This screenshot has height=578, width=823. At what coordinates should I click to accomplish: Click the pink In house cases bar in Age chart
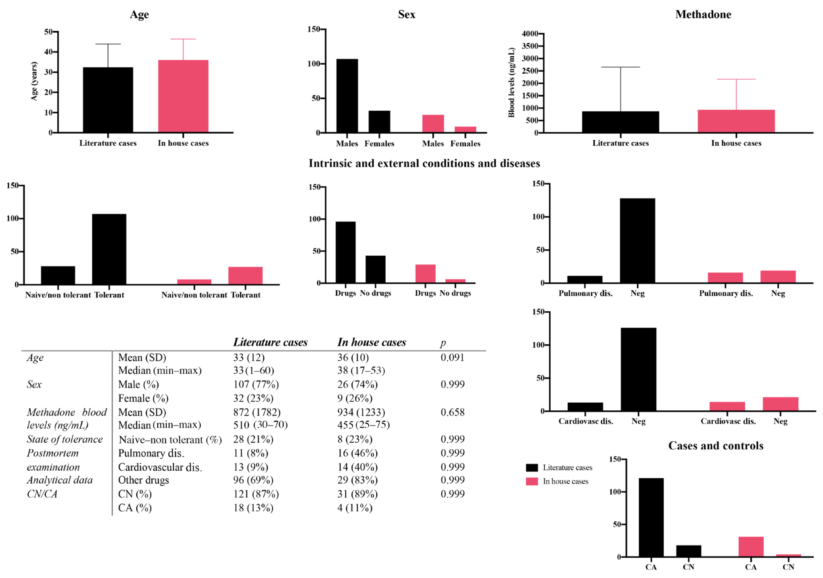[183, 96]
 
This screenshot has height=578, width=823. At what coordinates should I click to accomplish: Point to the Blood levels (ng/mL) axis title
[512, 82]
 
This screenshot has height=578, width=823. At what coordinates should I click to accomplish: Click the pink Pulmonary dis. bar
[725, 278]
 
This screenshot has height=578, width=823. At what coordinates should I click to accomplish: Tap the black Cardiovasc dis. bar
[585, 407]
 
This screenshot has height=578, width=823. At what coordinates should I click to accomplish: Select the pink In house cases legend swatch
[532, 481]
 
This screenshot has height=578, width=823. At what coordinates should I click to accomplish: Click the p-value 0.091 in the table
[452, 357]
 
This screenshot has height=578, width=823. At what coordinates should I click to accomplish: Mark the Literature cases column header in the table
[270, 342]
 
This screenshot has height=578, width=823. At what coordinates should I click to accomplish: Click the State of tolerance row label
[65, 439]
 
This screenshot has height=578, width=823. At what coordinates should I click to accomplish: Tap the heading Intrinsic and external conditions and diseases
[424, 163]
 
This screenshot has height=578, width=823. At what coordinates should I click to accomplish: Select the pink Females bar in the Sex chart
[465, 129]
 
